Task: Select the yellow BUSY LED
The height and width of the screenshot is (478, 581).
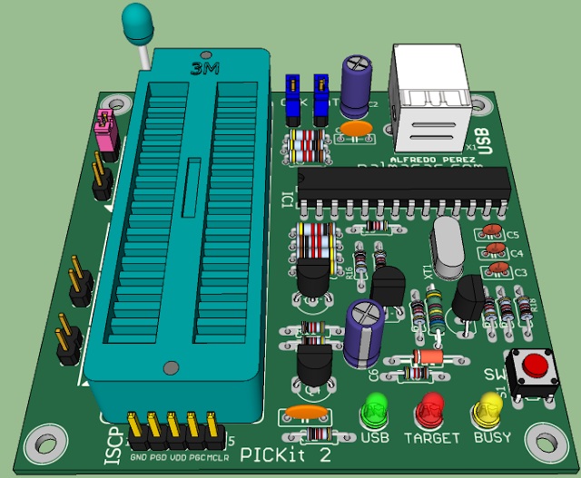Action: (487, 413)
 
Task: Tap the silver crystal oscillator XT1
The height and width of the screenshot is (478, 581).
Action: (447, 246)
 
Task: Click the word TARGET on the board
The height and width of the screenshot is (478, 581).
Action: (431, 438)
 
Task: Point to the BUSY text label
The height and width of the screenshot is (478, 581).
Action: (491, 438)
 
